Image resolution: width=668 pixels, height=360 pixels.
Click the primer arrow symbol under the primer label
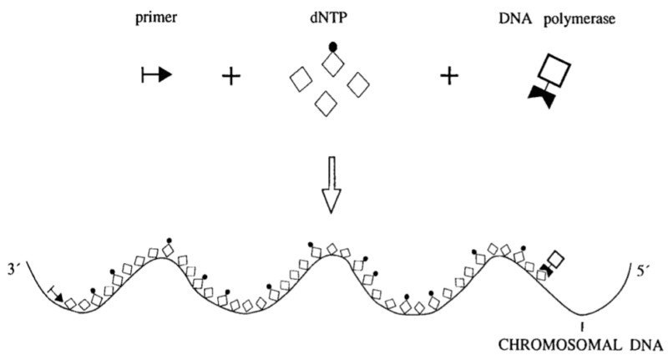(157, 77)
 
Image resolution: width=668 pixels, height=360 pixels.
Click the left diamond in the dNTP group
(301, 83)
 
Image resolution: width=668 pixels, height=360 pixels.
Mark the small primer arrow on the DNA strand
(56, 292)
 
